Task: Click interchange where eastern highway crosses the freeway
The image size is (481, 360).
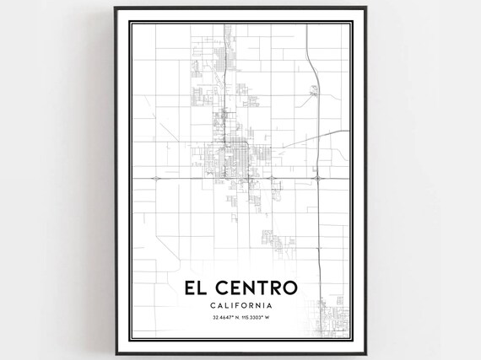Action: pos(316,178)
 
